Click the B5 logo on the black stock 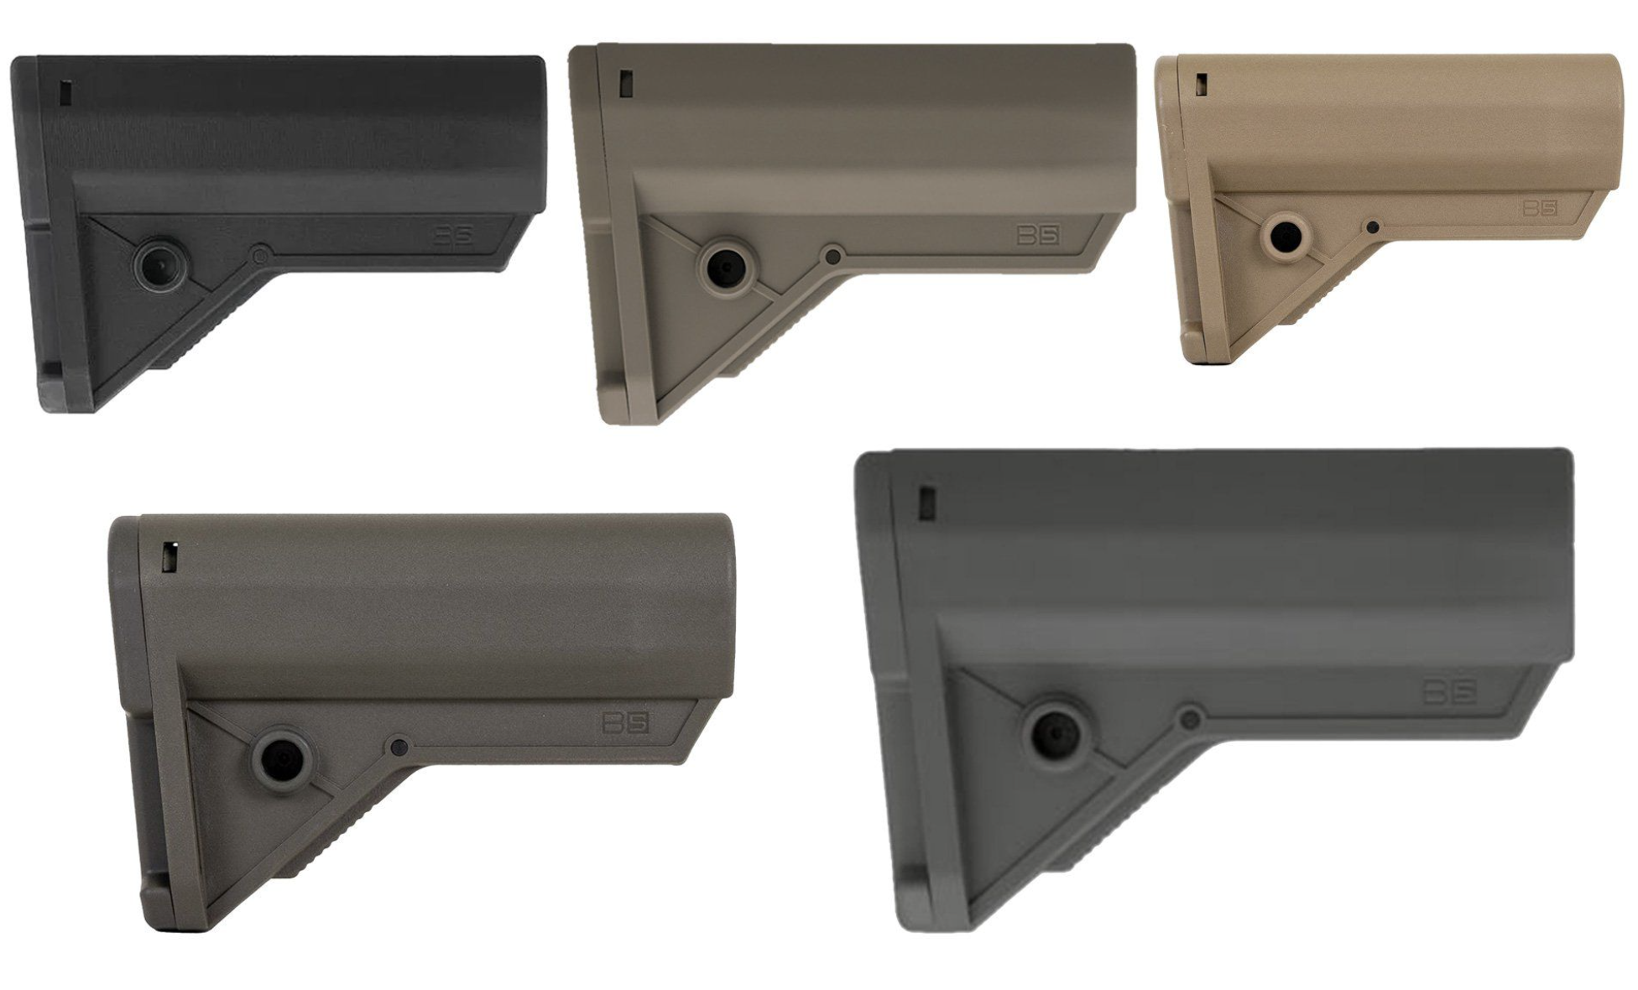click(x=454, y=235)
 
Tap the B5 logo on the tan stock click(x=1540, y=207)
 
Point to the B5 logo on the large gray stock click(x=1450, y=691)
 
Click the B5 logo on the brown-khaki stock click(x=1038, y=234)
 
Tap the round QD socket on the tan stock click(x=1285, y=237)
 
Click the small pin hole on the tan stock click(x=1372, y=227)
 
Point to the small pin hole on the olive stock click(x=399, y=746)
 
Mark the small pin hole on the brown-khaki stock click(x=832, y=256)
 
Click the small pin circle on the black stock click(x=261, y=253)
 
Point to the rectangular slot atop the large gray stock click(x=927, y=501)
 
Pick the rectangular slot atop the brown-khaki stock click(x=625, y=82)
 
